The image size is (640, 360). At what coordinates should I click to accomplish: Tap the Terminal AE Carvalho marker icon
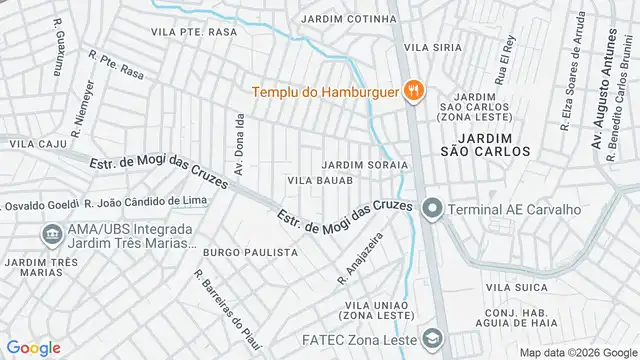[431, 209]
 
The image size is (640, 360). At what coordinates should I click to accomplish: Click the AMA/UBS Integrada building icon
[50, 235]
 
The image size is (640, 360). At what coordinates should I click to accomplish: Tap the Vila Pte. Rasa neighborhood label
[193, 32]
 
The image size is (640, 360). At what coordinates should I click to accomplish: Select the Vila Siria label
[432, 47]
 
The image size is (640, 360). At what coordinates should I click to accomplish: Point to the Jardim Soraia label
[365, 164]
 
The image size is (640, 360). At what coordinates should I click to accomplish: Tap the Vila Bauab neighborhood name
[320, 181]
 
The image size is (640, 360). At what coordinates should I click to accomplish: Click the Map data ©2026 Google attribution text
[577, 352]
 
